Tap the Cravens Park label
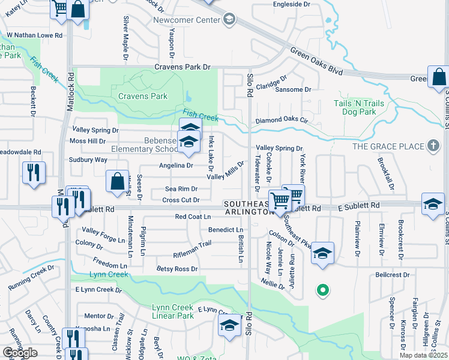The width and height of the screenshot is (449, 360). coord(142,96)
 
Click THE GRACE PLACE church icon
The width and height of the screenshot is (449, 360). coord(433,146)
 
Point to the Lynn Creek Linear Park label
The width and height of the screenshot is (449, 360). coord(173,311)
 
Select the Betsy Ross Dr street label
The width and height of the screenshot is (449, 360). coord(177,269)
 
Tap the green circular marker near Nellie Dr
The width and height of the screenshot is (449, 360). coord(322,291)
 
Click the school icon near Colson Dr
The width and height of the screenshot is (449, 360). coord(322,254)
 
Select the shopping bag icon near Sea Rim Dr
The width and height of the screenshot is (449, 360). coord(117,182)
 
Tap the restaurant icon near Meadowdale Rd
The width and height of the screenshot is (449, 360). coord(34,173)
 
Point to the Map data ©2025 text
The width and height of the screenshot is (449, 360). coord(424,355)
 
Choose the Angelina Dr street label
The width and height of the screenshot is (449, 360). coord(176,165)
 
